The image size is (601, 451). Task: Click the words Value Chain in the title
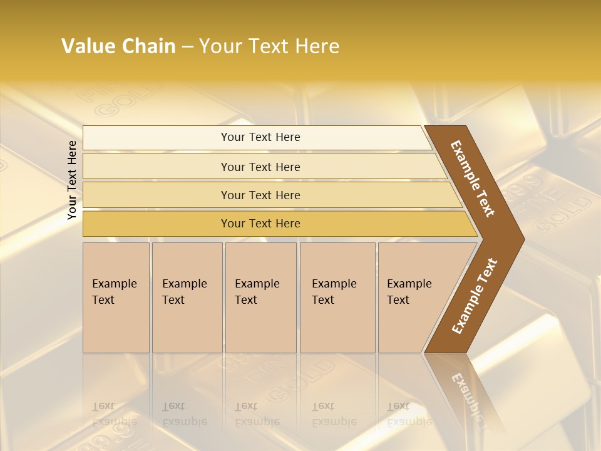(x=118, y=46)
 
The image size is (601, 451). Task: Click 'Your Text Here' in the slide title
(x=269, y=46)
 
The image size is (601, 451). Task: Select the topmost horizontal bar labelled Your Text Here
(x=260, y=137)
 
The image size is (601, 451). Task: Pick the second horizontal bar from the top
(x=260, y=167)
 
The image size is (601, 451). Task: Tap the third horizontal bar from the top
(x=260, y=195)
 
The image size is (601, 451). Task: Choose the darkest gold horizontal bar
(x=260, y=224)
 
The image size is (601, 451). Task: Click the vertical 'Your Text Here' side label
(x=72, y=180)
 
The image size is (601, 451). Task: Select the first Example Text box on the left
(x=116, y=298)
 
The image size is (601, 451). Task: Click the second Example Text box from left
(x=187, y=298)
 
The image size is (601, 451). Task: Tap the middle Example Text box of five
(x=260, y=298)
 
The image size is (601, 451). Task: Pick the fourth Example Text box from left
(x=337, y=298)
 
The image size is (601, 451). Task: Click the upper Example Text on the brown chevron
(x=473, y=179)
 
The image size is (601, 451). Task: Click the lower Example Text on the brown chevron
(x=474, y=296)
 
